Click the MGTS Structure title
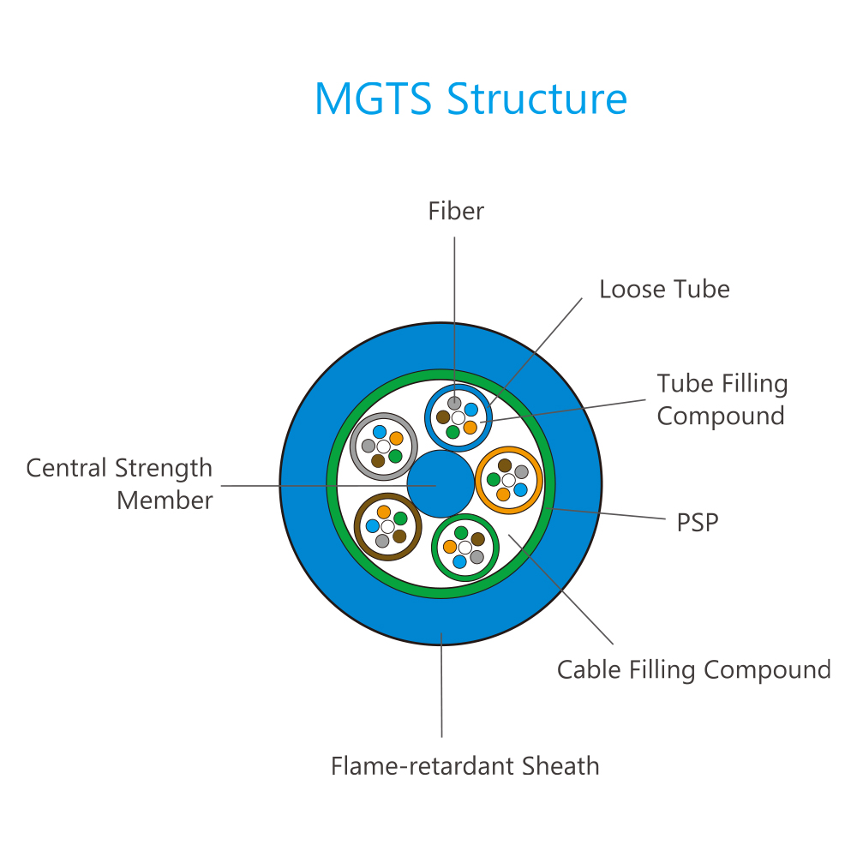[470, 99]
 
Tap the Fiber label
[456, 211]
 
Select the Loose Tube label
[664, 289]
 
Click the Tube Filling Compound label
[722, 399]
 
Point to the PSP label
[698, 523]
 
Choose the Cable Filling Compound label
[693, 670]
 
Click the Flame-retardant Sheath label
[465, 765]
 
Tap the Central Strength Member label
[119, 484]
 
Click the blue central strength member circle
[440, 483]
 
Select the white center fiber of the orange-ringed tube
[508, 481]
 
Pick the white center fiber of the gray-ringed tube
[383, 446]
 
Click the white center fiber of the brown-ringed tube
[387, 527]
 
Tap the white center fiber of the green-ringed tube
[465, 548]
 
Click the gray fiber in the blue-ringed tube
[454, 403]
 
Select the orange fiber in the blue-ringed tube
[470, 428]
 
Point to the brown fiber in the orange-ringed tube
[505, 465]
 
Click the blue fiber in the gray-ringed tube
[380, 432]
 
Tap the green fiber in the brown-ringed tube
[400, 518]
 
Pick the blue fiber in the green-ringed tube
[459, 561]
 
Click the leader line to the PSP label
[606, 513]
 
